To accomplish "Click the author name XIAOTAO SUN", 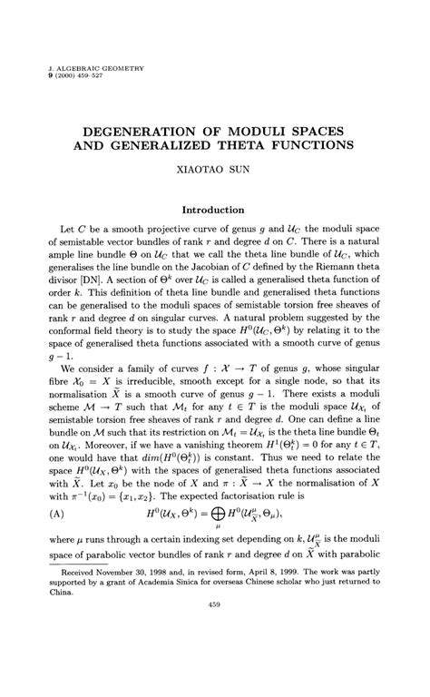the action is tap(214, 170).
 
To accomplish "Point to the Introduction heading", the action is tap(214, 210).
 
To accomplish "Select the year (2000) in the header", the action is tap(71, 77).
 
